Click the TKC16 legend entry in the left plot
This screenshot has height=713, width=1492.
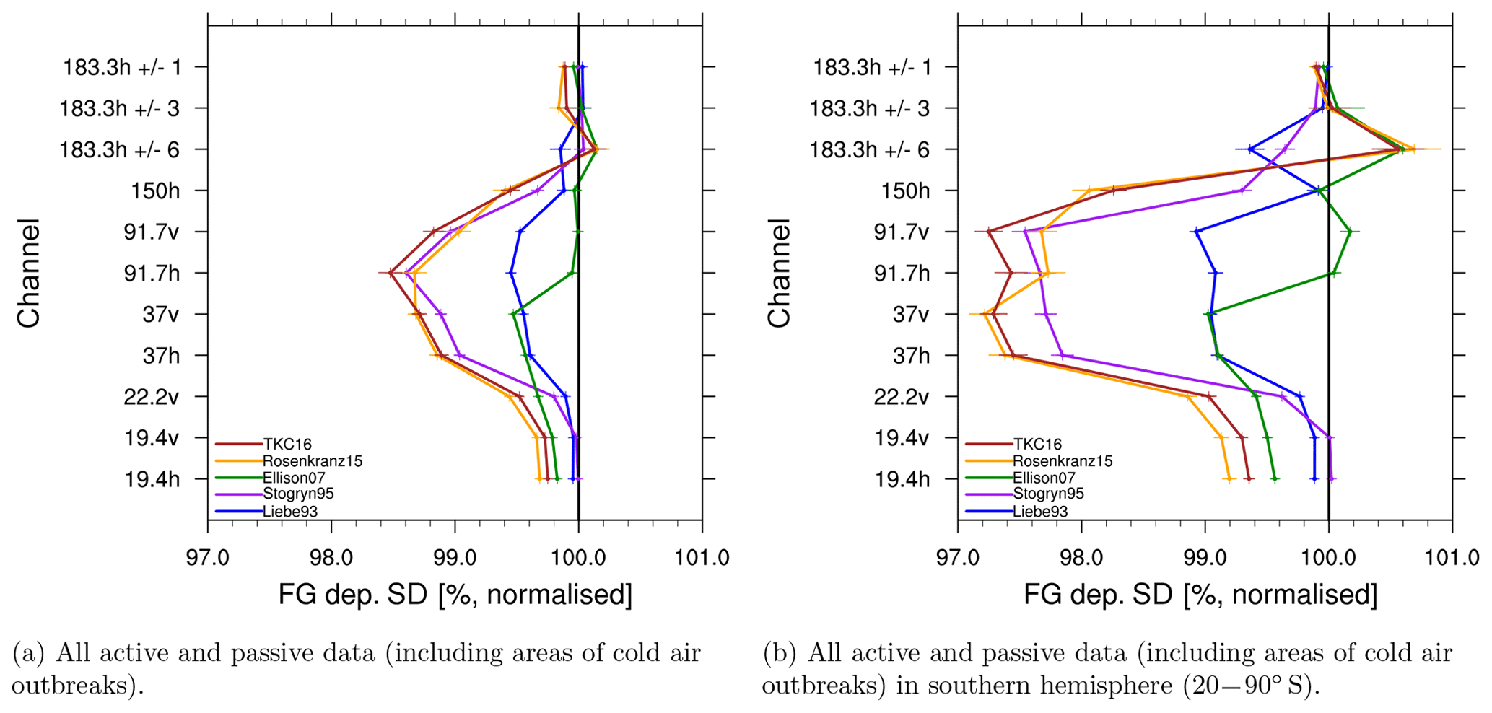coord(287,445)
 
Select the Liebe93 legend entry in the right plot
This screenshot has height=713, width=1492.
coord(1040,512)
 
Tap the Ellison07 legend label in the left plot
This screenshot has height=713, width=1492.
coord(294,478)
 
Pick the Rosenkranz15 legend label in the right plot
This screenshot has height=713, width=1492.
coord(1063,461)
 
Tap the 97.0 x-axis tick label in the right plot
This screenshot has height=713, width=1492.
coord(958,557)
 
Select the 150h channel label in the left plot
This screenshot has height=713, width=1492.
coord(155,191)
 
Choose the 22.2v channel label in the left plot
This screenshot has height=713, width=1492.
coord(151,397)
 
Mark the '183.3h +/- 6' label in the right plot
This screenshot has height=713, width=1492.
coord(870,150)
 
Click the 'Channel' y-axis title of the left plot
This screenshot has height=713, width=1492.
coord(29,274)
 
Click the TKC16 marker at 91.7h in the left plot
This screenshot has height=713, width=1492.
coord(391,273)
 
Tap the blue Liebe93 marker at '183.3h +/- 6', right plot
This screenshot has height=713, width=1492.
coord(1250,149)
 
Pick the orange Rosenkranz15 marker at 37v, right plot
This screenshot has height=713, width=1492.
coord(984,314)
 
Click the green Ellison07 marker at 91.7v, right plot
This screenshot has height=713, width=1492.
coord(1349,232)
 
